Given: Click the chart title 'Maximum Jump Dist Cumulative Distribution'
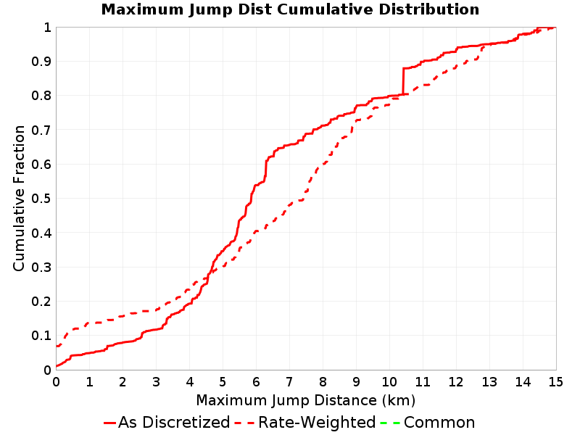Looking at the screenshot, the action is (x=290, y=9).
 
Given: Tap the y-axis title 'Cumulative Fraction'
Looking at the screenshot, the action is (x=19, y=198).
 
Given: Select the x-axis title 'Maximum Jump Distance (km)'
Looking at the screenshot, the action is (x=305, y=401).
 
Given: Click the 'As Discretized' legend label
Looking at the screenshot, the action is (x=174, y=423).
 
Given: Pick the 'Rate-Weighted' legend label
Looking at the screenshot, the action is (x=317, y=423).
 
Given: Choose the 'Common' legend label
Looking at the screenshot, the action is (x=439, y=423).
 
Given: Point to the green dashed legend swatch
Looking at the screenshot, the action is (x=390, y=423).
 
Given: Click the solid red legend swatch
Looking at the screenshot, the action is (x=110, y=423).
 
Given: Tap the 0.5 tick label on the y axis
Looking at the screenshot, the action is (x=41, y=199).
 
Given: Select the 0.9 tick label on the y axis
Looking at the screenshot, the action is (x=41, y=62).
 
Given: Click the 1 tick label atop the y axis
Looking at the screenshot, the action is (x=47, y=28).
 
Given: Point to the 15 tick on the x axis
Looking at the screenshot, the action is (x=555, y=382).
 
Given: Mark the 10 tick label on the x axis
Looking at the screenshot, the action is (x=389, y=382).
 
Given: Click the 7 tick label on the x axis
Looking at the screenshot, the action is (x=289, y=382).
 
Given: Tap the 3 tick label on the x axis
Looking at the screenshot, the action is (x=156, y=382).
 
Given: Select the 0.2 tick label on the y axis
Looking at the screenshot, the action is (x=41, y=302).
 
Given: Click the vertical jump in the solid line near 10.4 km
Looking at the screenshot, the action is (x=403, y=81).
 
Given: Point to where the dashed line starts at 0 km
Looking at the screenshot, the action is (x=57, y=347).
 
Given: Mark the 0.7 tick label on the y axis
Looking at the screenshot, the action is (x=41, y=130).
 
